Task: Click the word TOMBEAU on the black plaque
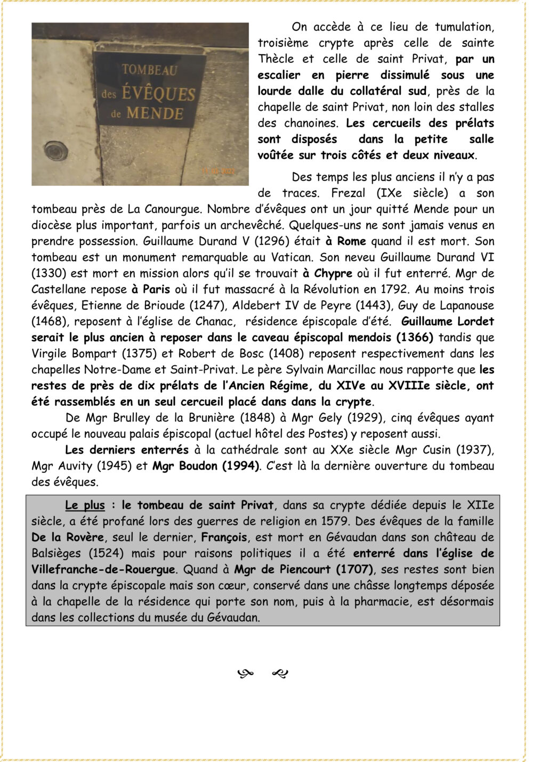pyautogui.click(x=142, y=69)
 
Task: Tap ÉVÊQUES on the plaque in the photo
pyautogui.click(x=158, y=94)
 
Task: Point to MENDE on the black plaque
pyautogui.click(x=155, y=113)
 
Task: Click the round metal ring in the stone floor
pyautogui.click(x=55, y=151)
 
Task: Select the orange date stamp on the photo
pyautogui.click(x=217, y=171)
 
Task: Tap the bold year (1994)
pyautogui.click(x=239, y=466)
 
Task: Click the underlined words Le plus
pyautogui.click(x=85, y=505)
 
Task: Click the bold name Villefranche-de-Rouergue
pyautogui.click(x=103, y=569)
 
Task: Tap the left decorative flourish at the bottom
pyautogui.click(x=245, y=674)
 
